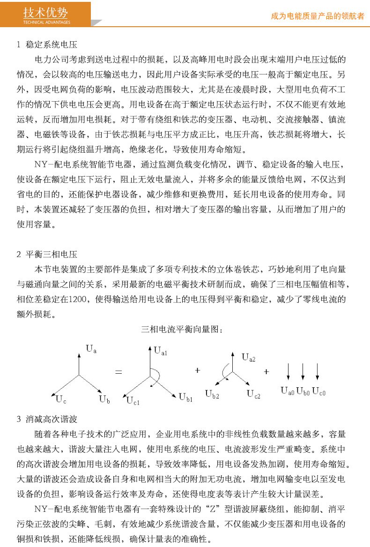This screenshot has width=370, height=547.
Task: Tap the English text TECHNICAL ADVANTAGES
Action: click(x=46, y=22)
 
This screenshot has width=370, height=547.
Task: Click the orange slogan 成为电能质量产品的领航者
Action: click(x=318, y=16)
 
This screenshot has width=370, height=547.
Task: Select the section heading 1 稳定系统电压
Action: click(x=47, y=45)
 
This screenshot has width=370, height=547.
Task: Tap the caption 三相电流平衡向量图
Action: click(x=182, y=330)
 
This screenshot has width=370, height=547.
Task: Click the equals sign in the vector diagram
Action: click(x=118, y=372)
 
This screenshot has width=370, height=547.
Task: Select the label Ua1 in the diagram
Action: click(x=161, y=350)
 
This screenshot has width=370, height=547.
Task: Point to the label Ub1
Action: click(x=186, y=398)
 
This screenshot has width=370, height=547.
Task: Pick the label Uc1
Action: click(x=133, y=399)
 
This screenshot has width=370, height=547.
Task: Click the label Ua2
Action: click(x=249, y=358)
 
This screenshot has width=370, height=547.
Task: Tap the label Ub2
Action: click(x=212, y=393)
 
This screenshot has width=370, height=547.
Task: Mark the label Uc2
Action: click(x=254, y=394)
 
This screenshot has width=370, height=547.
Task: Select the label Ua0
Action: click(x=287, y=390)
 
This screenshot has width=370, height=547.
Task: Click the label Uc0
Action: click(x=318, y=390)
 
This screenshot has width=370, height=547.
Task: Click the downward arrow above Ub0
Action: click(x=303, y=371)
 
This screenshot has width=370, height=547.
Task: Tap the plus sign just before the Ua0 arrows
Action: click(x=266, y=371)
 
